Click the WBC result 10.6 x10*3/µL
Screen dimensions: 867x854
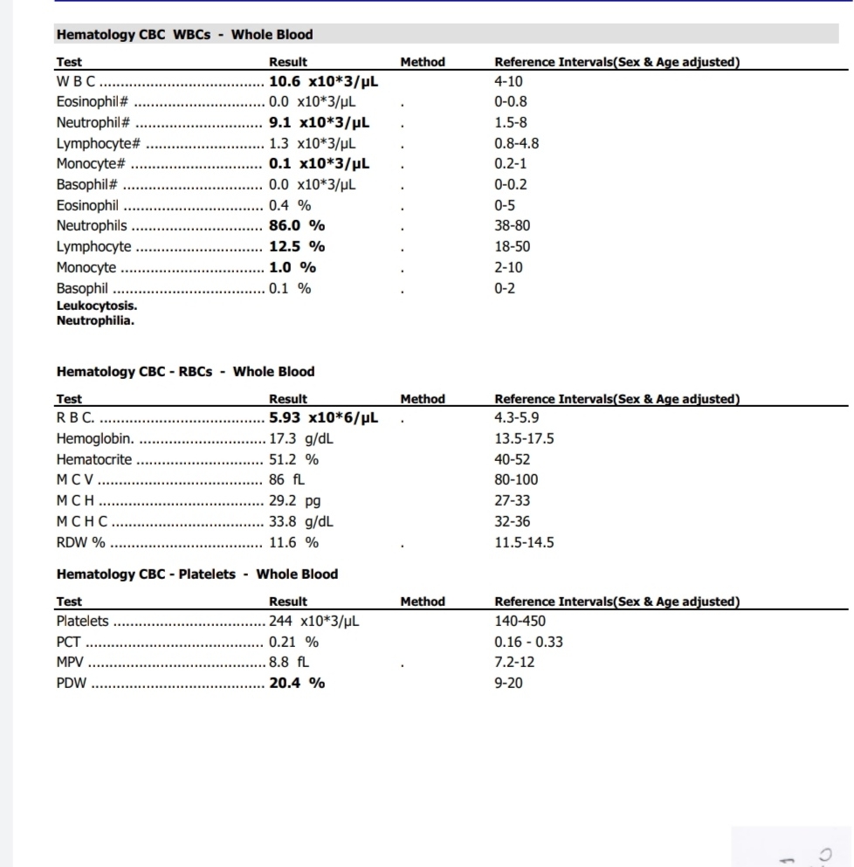[323, 82]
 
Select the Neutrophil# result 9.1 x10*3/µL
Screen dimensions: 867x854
[319, 123]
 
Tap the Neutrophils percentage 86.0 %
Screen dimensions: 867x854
[297, 225]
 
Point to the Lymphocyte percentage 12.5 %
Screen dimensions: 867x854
[297, 246]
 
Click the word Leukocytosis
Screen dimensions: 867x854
[96, 306]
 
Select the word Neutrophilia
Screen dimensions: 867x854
[95, 320]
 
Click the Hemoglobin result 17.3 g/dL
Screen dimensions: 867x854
[301, 438]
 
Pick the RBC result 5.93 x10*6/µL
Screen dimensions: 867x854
[323, 417]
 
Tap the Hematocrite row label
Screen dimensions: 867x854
[94, 459]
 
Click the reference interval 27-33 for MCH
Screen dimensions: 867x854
[512, 500]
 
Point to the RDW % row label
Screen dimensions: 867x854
[80, 542]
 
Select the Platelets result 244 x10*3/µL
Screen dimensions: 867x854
[313, 622]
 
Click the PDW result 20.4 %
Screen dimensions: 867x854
[297, 683]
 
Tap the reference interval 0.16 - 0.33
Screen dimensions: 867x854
[528, 642]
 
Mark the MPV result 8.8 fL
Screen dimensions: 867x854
[289, 663]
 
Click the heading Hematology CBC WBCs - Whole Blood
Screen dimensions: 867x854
[184, 35]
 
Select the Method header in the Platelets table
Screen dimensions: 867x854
[423, 602]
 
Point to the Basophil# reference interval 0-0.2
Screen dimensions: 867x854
[511, 184]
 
